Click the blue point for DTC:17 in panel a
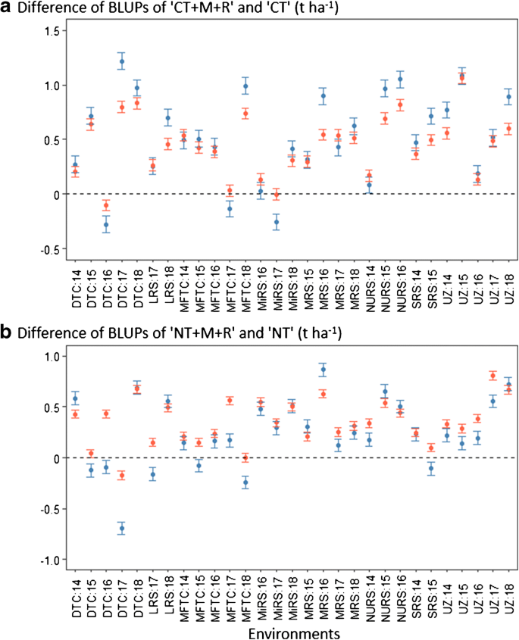pyautogui.click(x=122, y=61)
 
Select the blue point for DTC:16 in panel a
pyautogui.click(x=106, y=224)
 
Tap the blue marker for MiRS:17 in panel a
pyautogui.click(x=277, y=222)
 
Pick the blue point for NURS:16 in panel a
pyautogui.click(x=400, y=80)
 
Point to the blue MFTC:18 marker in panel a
pyautogui.click(x=245, y=86)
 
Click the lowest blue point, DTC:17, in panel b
pyautogui.click(x=122, y=528)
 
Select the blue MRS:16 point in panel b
pyautogui.click(x=323, y=370)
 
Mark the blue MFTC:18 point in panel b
pyautogui.click(x=245, y=482)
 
